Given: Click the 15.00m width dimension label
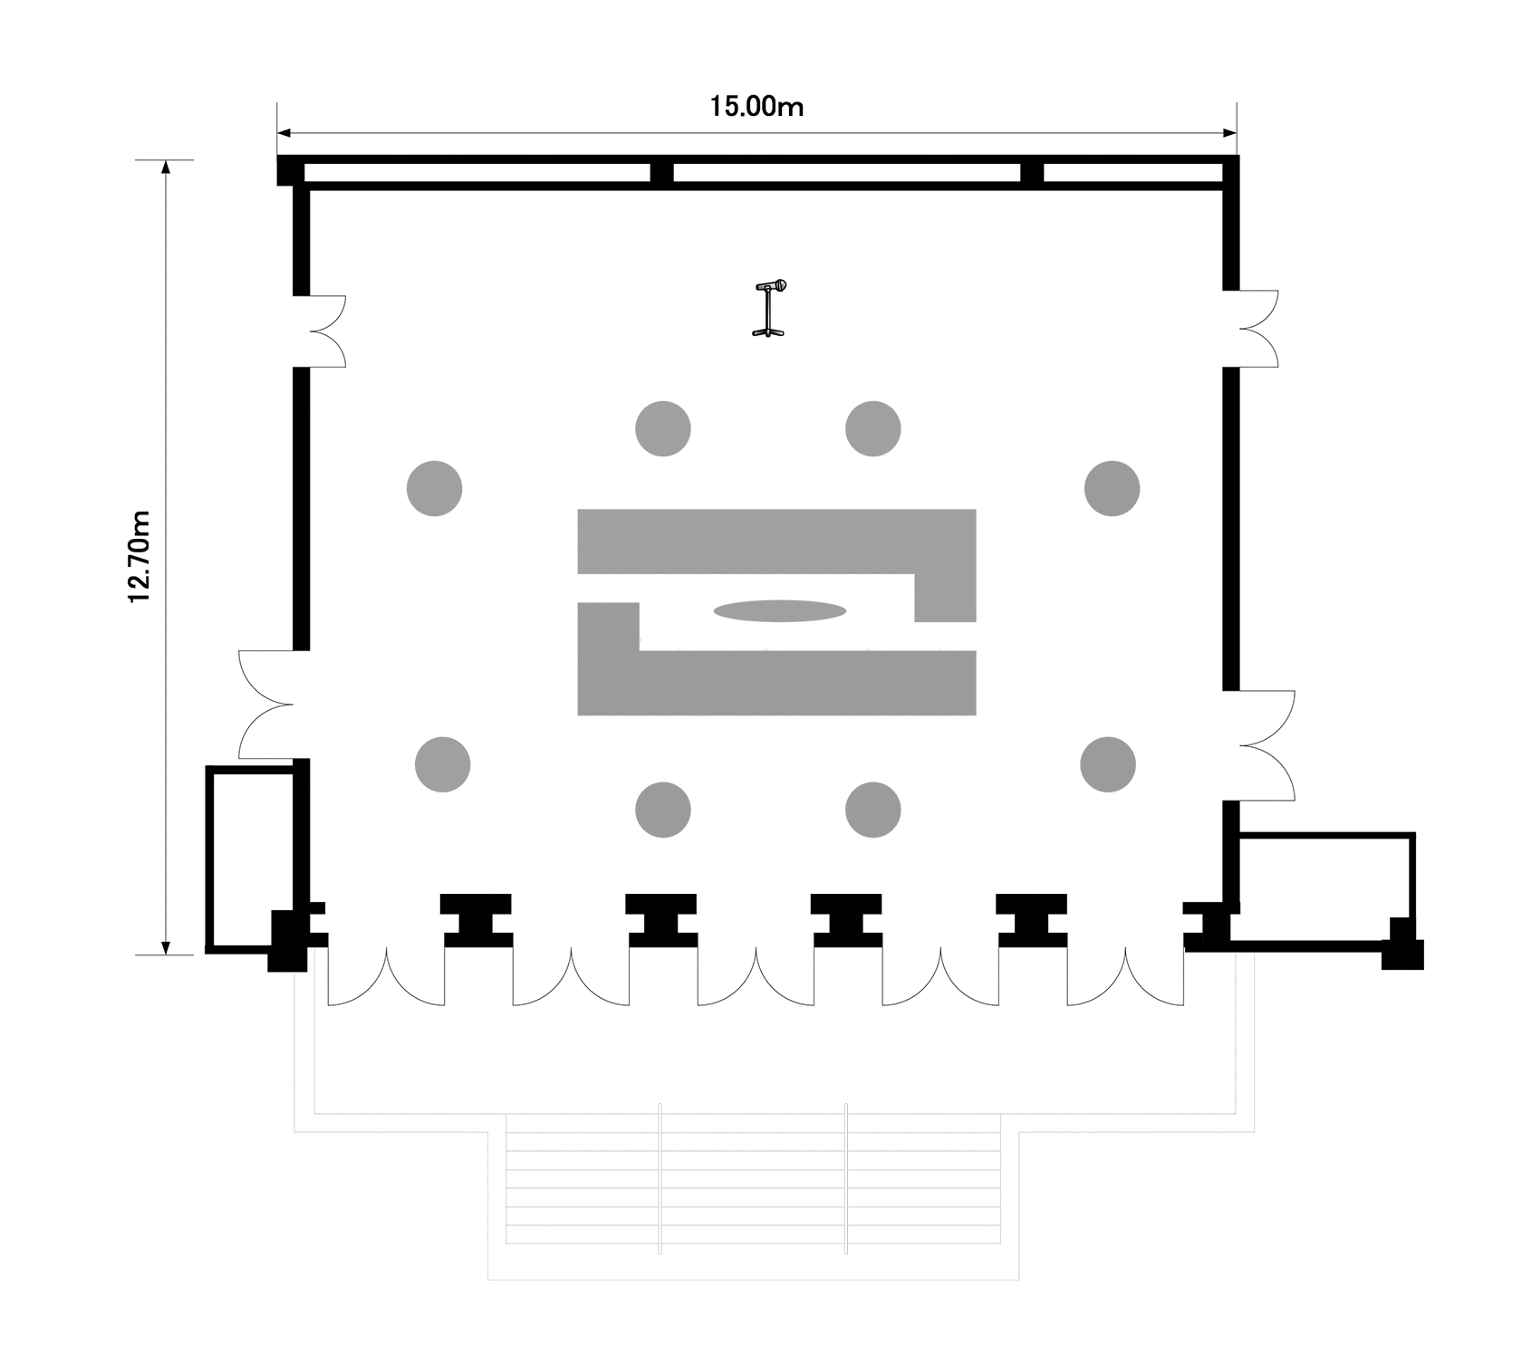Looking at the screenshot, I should [756, 107].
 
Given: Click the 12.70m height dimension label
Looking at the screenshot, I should [140, 556].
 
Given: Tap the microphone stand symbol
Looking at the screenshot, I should [770, 309].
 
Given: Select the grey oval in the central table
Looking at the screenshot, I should [780, 610].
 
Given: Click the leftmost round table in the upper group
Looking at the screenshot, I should [435, 488].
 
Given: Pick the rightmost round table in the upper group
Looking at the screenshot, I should [1112, 488].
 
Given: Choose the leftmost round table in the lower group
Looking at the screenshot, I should [442, 764].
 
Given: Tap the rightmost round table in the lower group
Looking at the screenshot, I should [1108, 764].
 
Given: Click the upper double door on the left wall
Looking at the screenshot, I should [322, 331].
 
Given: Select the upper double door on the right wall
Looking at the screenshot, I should [1254, 329].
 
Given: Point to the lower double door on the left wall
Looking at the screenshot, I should [267, 705].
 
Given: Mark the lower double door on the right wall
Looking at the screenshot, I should [1264, 745].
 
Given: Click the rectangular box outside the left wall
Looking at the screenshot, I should [251, 858].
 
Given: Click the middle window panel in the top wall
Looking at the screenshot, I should [846, 172].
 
